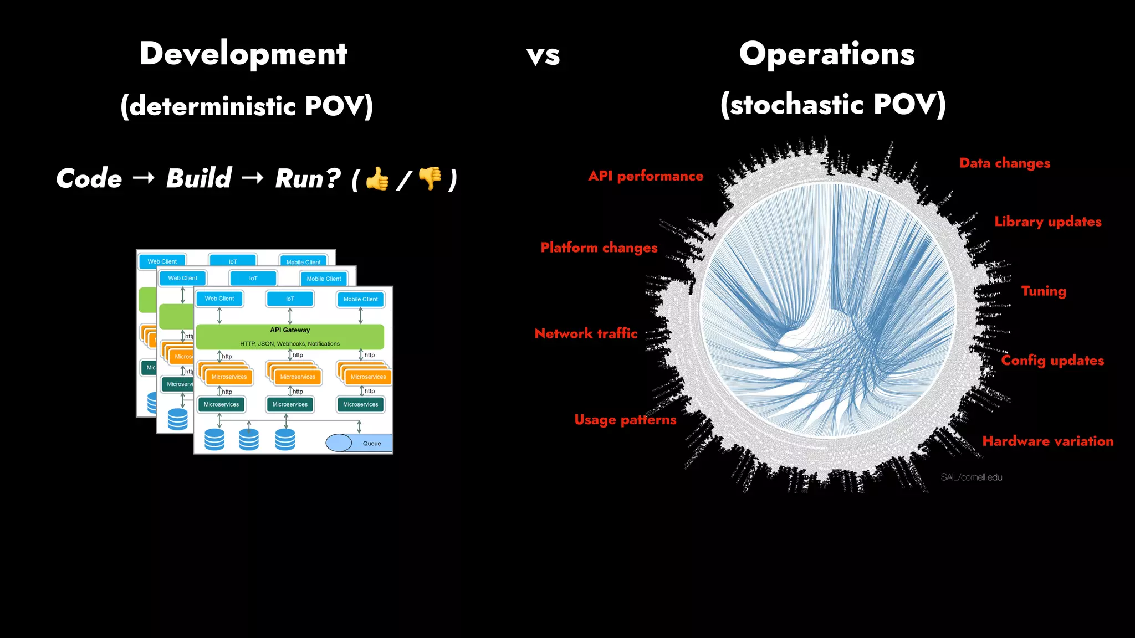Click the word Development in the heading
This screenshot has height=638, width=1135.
[x=243, y=54]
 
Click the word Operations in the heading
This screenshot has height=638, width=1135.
[x=826, y=54]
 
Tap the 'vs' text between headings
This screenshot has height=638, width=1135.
[x=543, y=56]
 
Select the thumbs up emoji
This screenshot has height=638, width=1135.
[x=377, y=178]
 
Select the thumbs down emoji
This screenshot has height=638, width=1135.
[x=430, y=178]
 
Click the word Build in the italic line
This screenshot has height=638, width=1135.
[x=198, y=178]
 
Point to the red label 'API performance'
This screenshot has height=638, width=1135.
[x=646, y=176]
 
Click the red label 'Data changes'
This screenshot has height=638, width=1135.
[x=1004, y=163]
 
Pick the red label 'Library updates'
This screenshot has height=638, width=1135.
[x=1047, y=222]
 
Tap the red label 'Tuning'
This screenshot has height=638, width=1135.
[x=1043, y=291]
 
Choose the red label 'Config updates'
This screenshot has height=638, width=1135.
[x=1052, y=361]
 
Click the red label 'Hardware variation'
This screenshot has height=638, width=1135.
[x=1047, y=441]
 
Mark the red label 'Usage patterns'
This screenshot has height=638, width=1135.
[x=625, y=420]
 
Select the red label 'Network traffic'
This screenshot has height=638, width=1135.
[x=586, y=333]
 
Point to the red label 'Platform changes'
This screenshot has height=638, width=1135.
[x=599, y=248]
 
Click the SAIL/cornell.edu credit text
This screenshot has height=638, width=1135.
[x=971, y=477]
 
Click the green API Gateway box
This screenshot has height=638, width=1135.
[x=290, y=336]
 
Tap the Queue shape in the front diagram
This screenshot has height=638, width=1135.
[x=360, y=443]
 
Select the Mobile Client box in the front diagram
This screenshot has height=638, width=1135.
[x=360, y=299]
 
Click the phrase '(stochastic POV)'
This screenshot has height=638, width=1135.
[x=832, y=104]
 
